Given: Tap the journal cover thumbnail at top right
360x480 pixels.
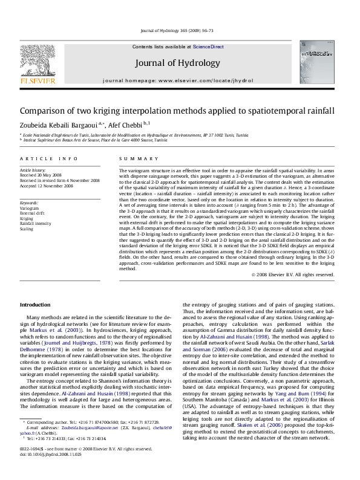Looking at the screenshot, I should (x=318, y=63).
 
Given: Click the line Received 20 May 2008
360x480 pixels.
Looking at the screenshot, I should (x=42, y=175).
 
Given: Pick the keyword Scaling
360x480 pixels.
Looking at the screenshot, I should (x=27, y=229).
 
